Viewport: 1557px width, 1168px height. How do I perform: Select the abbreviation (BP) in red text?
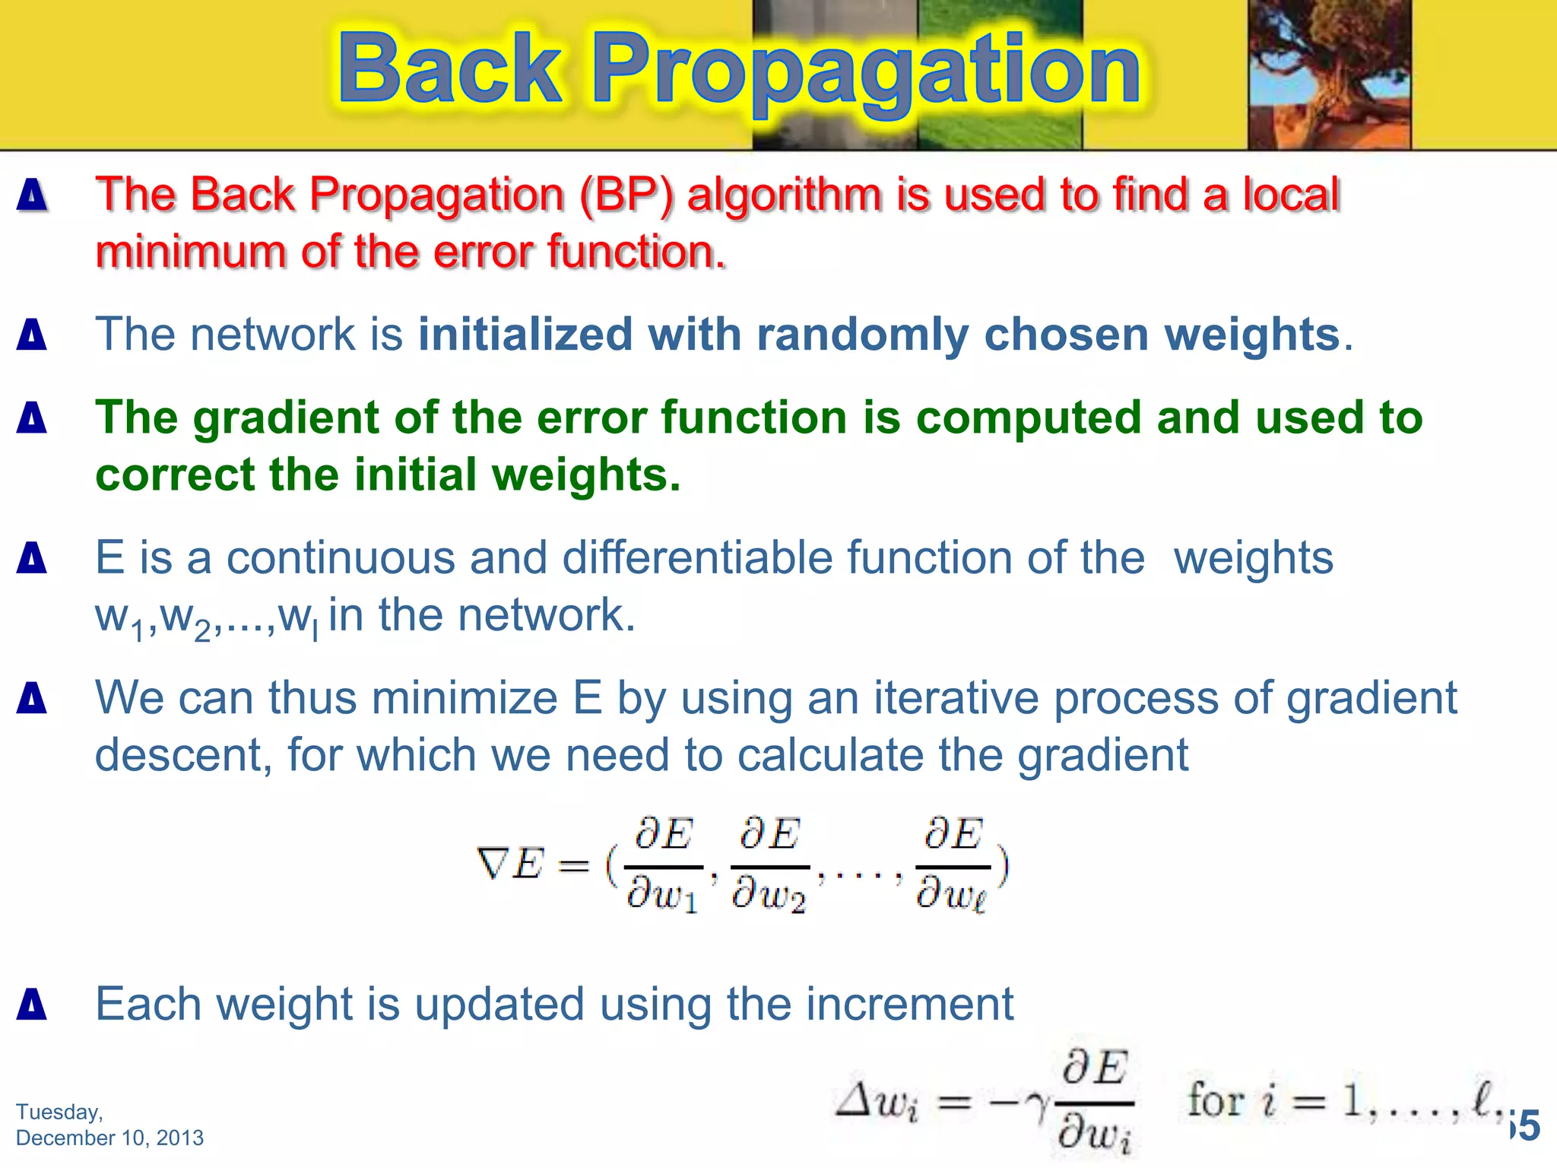tap(626, 195)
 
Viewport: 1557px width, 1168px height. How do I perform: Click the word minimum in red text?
tap(191, 252)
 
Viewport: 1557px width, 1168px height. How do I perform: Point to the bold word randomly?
tap(862, 335)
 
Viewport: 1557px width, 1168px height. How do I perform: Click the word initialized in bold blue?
tap(525, 335)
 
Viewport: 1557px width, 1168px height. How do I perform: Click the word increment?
tap(909, 1004)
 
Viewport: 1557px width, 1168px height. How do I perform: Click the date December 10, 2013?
tap(109, 1138)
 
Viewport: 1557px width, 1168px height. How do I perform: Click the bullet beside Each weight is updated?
tap(32, 1004)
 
